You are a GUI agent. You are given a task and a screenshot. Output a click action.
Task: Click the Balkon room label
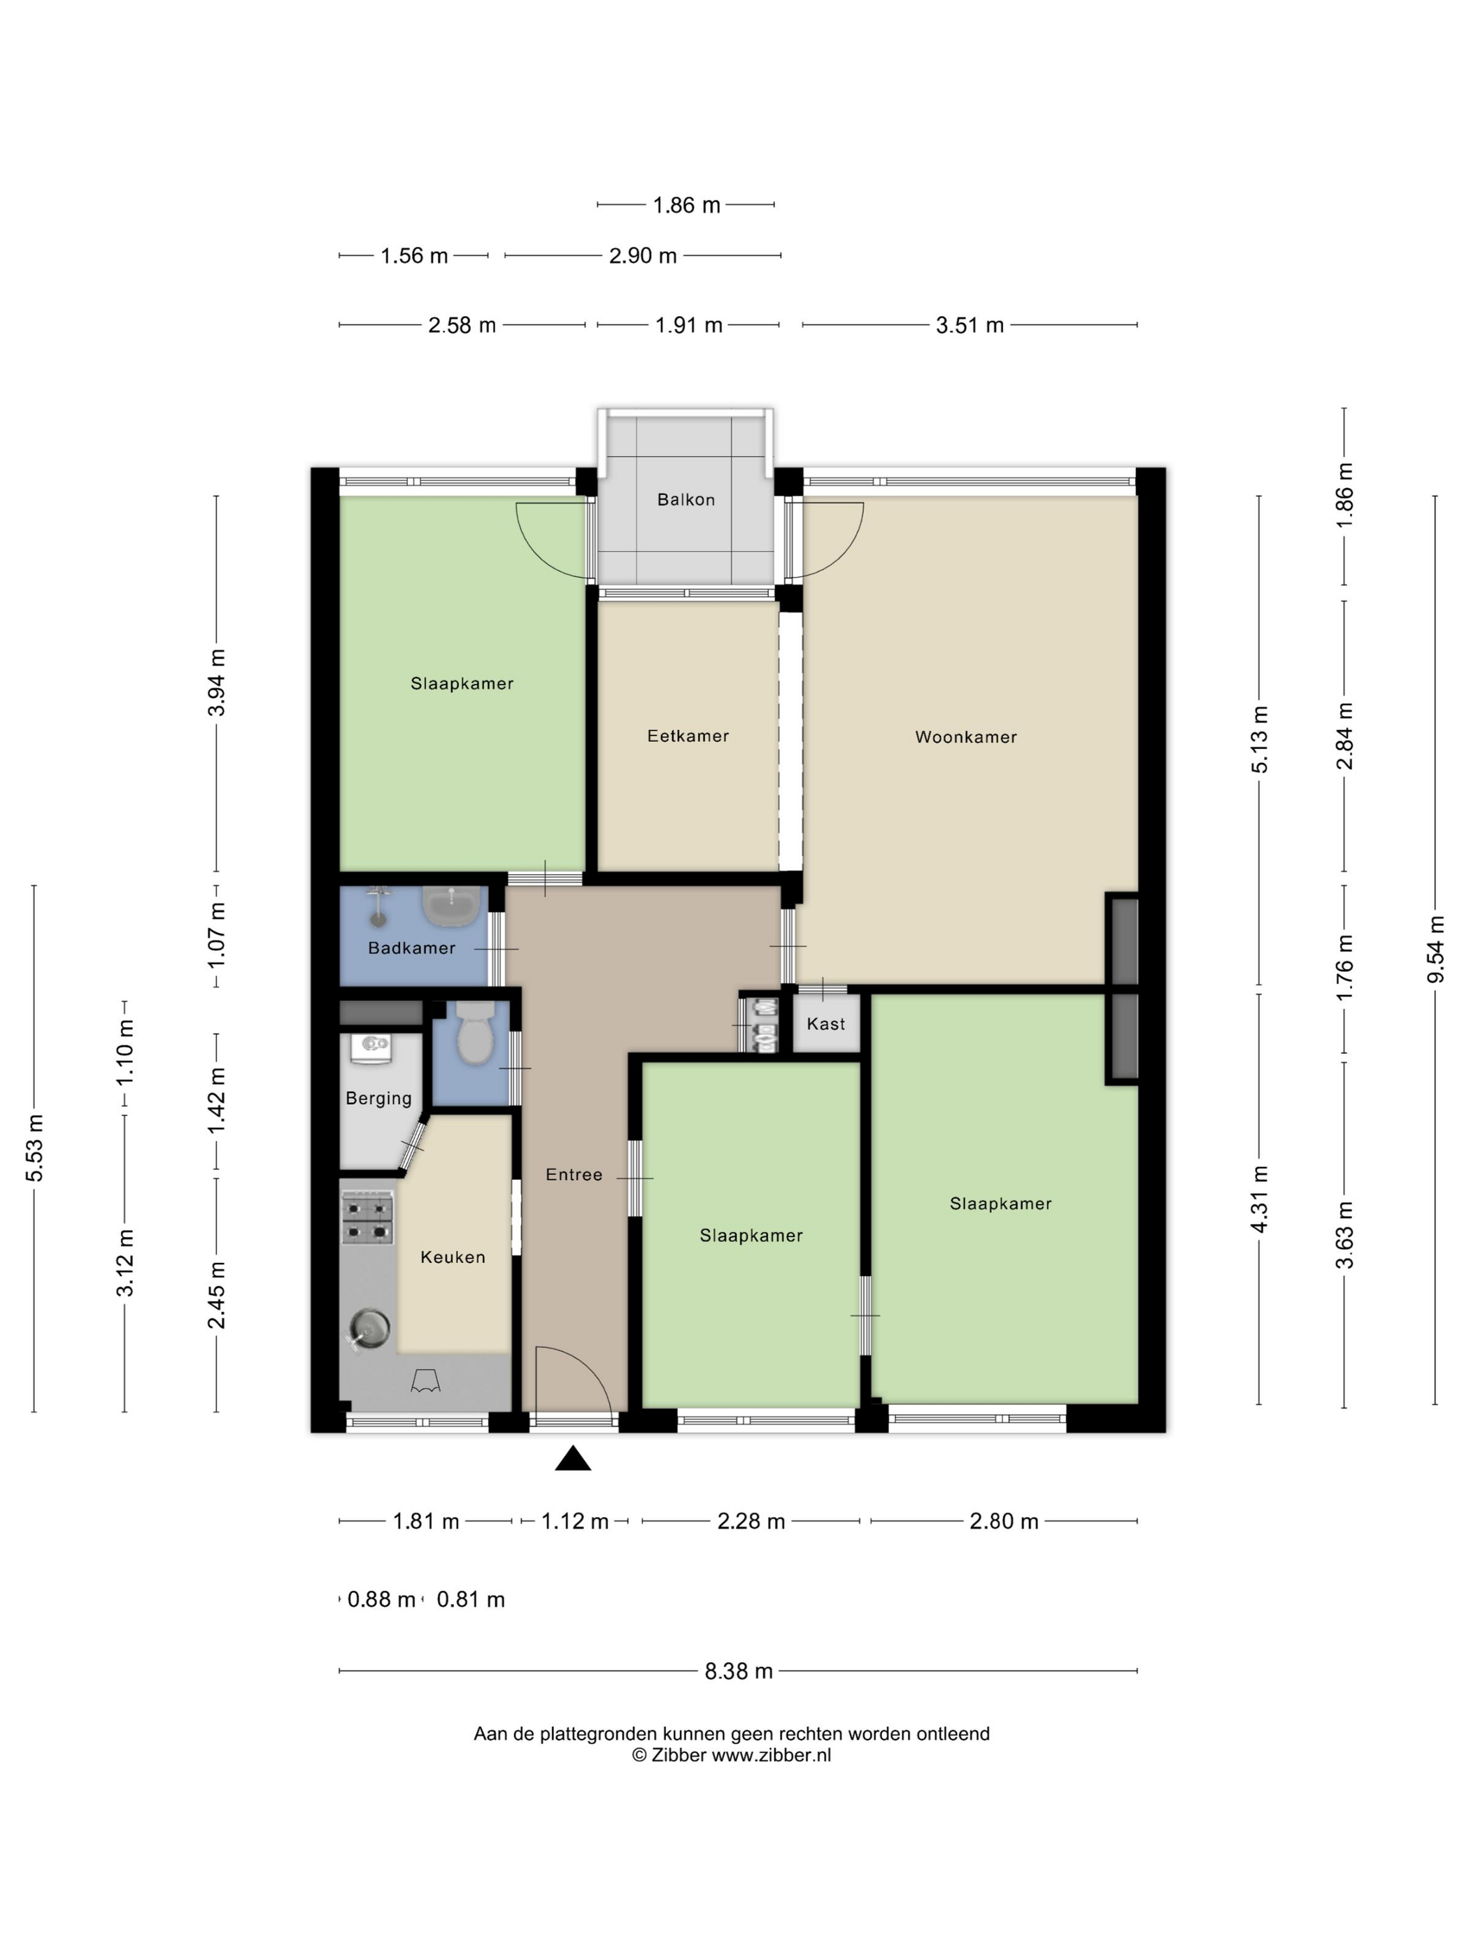686,499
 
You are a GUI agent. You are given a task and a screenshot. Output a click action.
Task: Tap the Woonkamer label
965,736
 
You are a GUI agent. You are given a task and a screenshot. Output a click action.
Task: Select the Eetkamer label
688,736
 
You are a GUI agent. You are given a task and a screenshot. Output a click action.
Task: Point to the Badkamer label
412,948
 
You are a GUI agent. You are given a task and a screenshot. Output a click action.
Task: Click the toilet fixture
474,1031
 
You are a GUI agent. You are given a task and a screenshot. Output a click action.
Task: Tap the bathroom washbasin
452,905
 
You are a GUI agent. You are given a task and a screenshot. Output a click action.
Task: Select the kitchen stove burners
367,1219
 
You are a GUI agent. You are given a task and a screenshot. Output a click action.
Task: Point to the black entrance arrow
573,1458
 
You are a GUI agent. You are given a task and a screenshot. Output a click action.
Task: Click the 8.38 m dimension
739,1671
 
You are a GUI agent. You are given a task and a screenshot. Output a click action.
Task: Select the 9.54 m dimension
1436,950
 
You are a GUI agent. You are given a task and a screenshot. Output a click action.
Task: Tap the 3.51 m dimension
970,325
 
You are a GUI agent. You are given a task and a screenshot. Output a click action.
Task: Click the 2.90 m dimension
643,256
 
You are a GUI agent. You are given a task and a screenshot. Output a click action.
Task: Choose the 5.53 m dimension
34,1148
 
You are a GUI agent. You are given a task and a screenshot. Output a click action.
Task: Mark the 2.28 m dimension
751,1521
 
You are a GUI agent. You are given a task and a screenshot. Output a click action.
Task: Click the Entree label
574,1175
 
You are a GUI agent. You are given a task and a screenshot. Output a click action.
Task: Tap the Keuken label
453,1257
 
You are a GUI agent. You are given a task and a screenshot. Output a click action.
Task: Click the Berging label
378,1099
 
